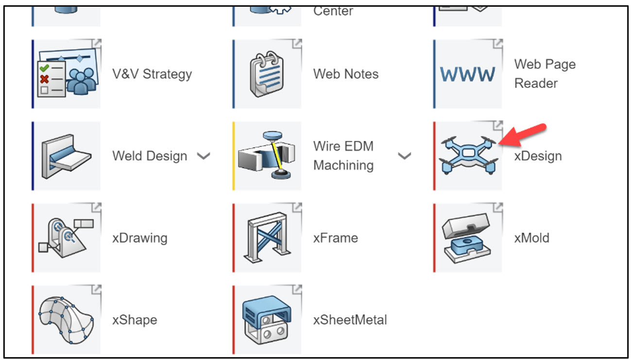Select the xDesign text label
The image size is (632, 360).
click(x=538, y=156)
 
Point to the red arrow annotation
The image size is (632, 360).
click(x=523, y=135)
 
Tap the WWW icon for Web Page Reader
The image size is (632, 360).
click(x=467, y=74)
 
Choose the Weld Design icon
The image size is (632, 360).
click(x=67, y=155)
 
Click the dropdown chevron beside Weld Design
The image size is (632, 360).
click(x=204, y=156)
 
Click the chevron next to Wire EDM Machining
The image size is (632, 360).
click(x=404, y=156)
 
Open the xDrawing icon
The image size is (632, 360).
click(x=67, y=238)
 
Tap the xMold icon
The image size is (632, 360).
click(x=467, y=238)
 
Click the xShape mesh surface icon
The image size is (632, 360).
click(x=67, y=319)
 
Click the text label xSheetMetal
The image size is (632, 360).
click(x=350, y=320)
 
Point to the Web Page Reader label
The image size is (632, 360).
click(x=545, y=74)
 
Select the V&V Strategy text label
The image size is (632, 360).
click(x=152, y=74)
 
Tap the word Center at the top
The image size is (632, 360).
click(x=333, y=11)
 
